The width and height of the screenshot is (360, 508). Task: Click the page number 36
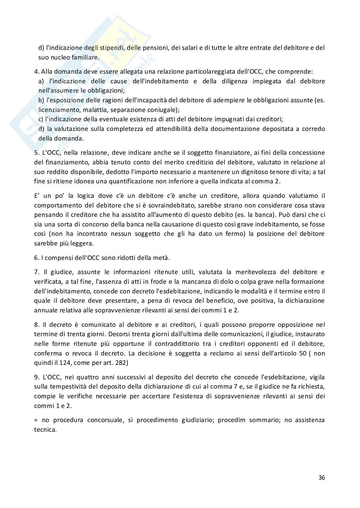tap(322, 477)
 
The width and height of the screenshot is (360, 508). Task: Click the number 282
tap(120, 363)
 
